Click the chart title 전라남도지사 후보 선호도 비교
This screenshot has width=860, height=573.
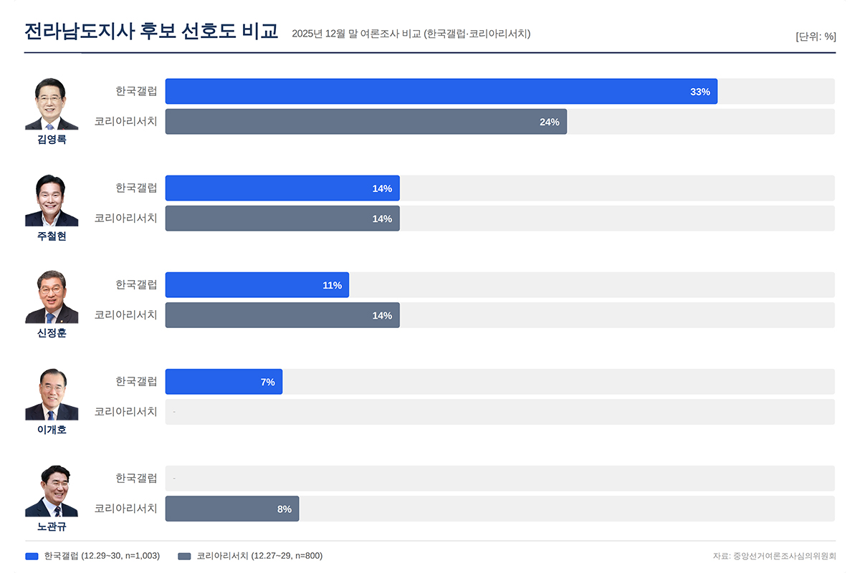[150, 32]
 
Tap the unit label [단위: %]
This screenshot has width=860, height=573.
[816, 37]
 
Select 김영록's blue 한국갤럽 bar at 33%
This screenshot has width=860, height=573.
[441, 92]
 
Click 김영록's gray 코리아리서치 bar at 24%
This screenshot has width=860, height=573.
[365, 122]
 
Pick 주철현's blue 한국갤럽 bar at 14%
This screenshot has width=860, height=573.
[282, 188]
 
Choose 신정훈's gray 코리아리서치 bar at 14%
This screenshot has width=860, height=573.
[282, 315]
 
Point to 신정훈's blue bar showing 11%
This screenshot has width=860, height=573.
[257, 285]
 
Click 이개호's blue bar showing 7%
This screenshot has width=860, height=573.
[224, 382]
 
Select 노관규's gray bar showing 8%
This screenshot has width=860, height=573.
[231, 509]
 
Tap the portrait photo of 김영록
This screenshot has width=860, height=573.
[52, 105]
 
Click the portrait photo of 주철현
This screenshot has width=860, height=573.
[52, 201]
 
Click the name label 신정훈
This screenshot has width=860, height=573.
[52, 333]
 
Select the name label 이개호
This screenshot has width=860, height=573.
[52, 430]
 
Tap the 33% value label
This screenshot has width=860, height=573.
[699, 92]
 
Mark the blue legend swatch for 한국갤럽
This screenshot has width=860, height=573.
[32, 556]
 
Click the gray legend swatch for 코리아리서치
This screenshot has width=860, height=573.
[184, 556]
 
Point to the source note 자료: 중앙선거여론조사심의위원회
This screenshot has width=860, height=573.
[774, 556]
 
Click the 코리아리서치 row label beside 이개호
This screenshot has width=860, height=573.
[126, 412]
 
